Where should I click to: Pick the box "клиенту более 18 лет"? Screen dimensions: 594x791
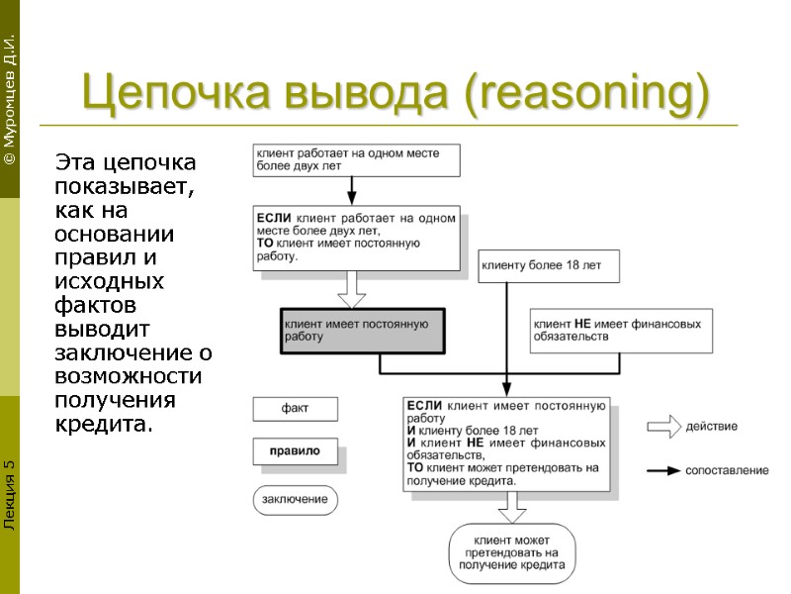click(x=550, y=265)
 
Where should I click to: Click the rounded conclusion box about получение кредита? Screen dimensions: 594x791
click(x=511, y=552)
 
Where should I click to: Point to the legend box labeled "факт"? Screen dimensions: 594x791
click(x=295, y=409)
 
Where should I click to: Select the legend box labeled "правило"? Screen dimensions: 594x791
click(x=295, y=451)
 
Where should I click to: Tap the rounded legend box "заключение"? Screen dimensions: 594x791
click(x=295, y=499)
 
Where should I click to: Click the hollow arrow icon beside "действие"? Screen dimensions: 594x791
click(x=664, y=427)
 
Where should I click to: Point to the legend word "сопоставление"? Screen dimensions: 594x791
click(x=727, y=471)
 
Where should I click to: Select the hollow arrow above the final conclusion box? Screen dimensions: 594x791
click(x=511, y=507)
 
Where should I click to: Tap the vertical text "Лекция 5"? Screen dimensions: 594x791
click(x=9, y=495)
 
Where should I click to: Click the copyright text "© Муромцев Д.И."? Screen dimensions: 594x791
click(x=9, y=99)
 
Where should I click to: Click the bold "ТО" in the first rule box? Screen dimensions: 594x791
click(x=265, y=243)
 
